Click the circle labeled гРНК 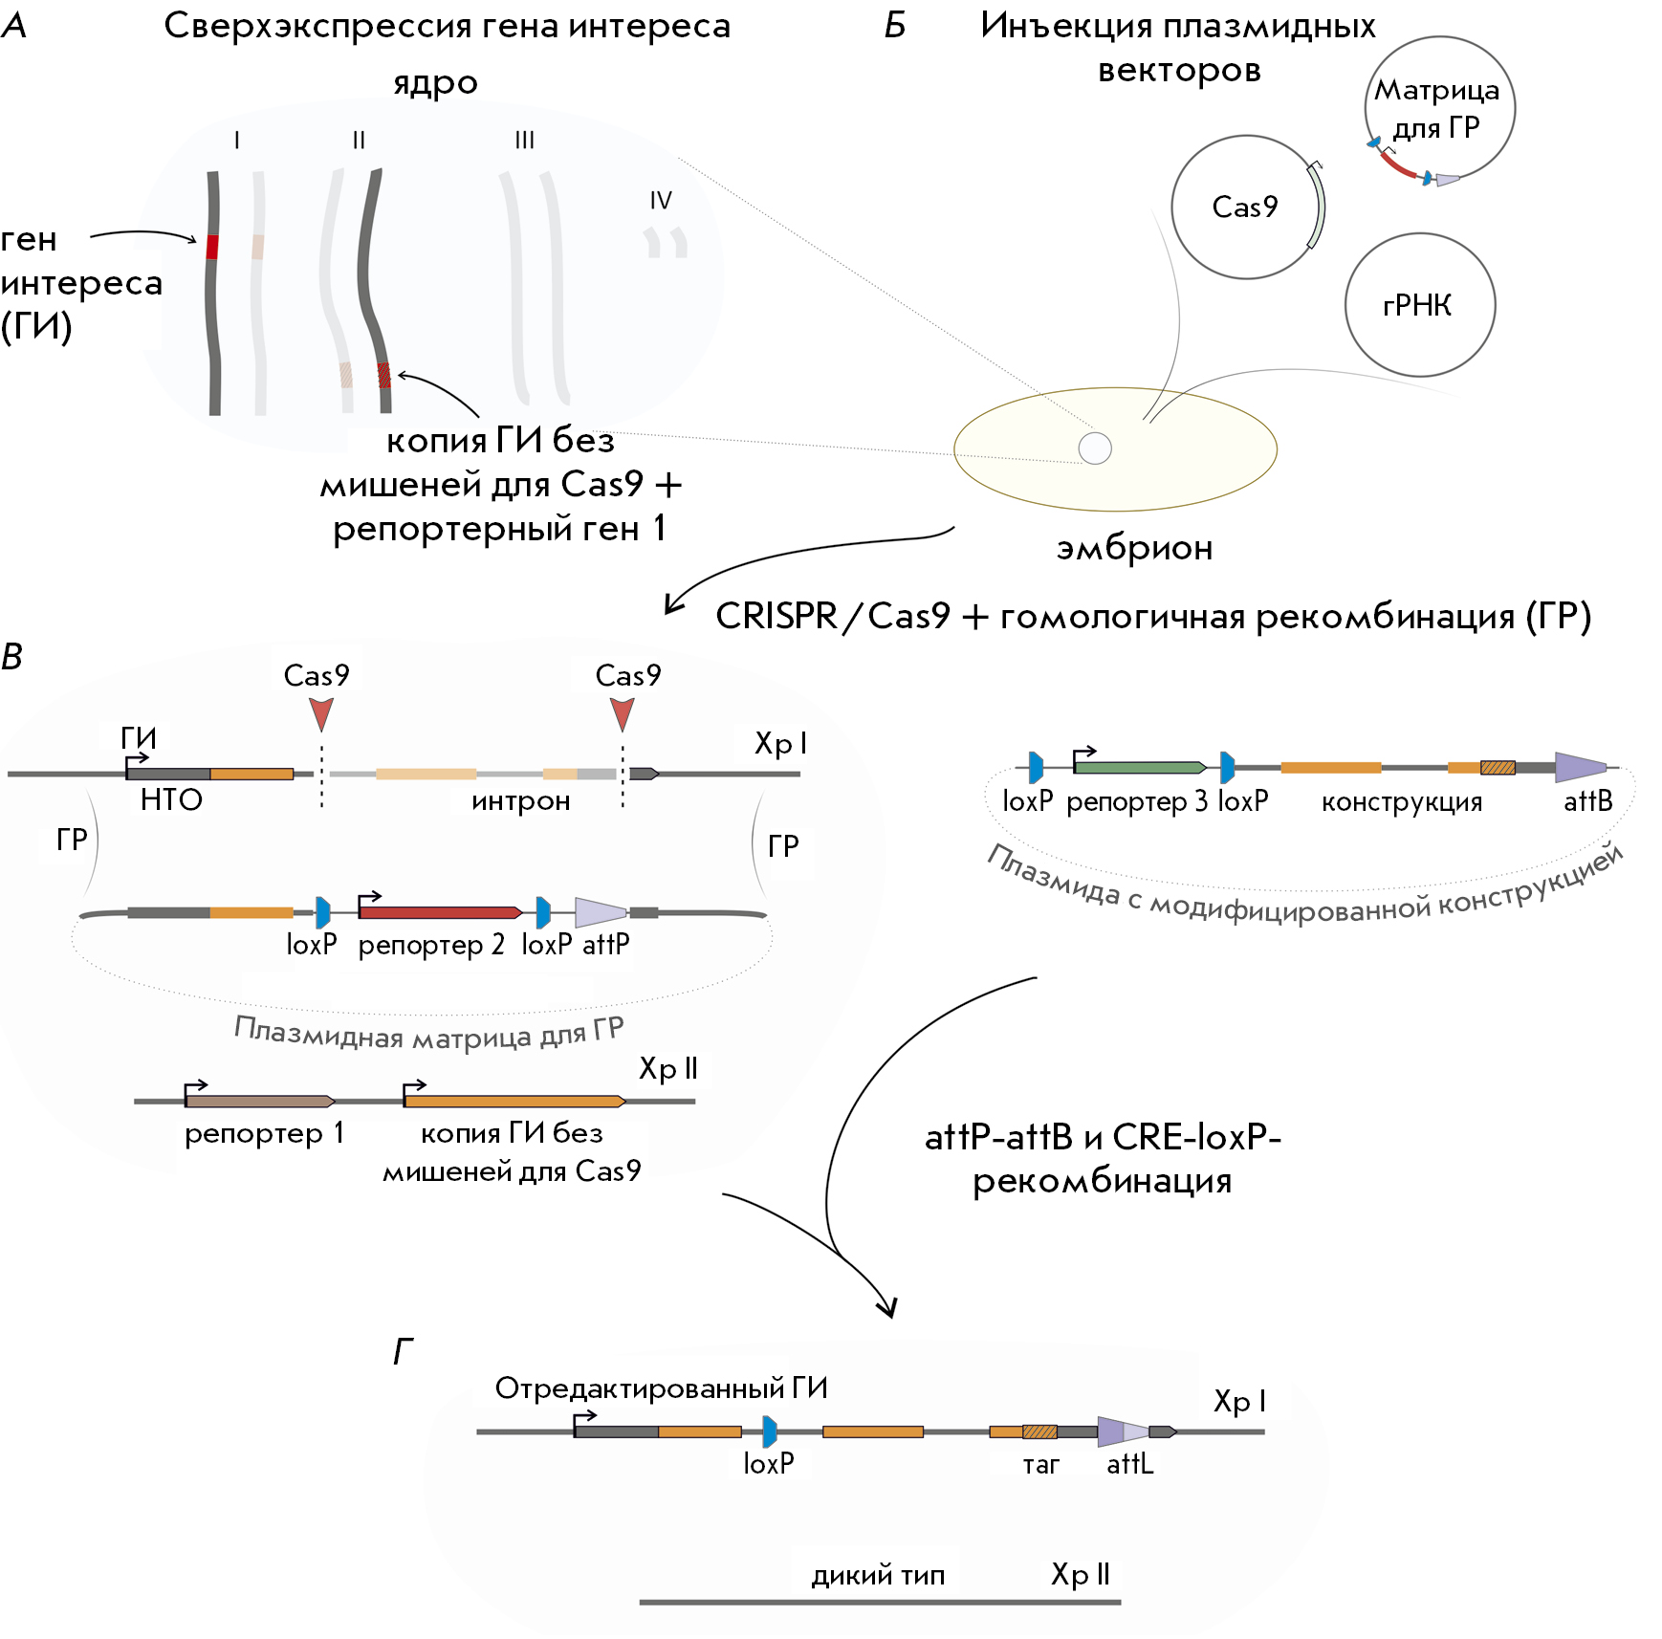[x=1419, y=305]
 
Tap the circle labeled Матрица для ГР [x=1439, y=108]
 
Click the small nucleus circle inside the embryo [x=1095, y=448]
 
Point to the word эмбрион [x=1134, y=548]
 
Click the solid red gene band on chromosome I [x=212, y=247]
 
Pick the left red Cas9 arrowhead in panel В [x=321, y=713]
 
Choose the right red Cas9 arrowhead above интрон [x=623, y=713]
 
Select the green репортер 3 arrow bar [x=1139, y=767]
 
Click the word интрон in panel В [x=520, y=801]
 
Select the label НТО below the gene [x=171, y=799]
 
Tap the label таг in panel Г [x=1040, y=1465]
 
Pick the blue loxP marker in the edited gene [x=770, y=1431]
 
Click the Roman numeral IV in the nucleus [x=661, y=201]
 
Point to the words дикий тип [x=878, y=1575]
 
